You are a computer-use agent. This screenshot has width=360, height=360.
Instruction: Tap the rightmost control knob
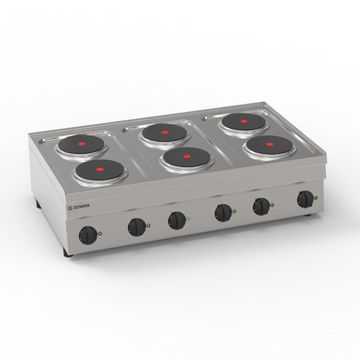click(306, 198)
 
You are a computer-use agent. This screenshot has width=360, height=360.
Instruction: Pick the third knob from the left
click(176, 220)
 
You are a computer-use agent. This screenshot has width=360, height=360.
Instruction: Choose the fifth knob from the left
click(261, 206)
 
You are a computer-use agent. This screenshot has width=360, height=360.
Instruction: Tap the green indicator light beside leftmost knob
click(100, 233)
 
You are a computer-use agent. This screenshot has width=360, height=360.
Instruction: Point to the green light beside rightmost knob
click(316, 198)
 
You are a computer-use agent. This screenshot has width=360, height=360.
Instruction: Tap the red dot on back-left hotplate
click(82, 145)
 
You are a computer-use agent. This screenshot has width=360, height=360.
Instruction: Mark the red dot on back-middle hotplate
click(164, 133)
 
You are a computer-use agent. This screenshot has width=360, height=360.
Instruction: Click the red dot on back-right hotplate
click(243, 121)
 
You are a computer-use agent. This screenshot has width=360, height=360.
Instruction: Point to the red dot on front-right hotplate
click(269, 144)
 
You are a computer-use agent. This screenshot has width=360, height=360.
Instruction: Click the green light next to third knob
click(188, 219)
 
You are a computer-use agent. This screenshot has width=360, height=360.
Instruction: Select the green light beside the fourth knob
click(234, 211)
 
